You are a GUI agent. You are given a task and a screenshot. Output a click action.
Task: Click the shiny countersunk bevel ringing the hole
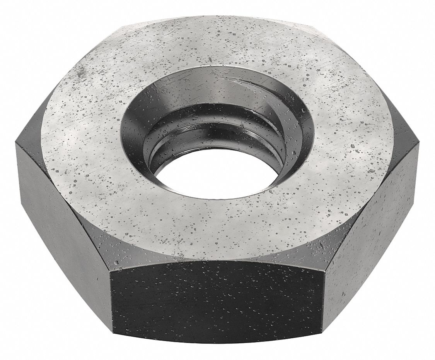tap(271, 97)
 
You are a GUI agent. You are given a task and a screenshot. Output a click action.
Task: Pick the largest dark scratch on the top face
tap(82, 72)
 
